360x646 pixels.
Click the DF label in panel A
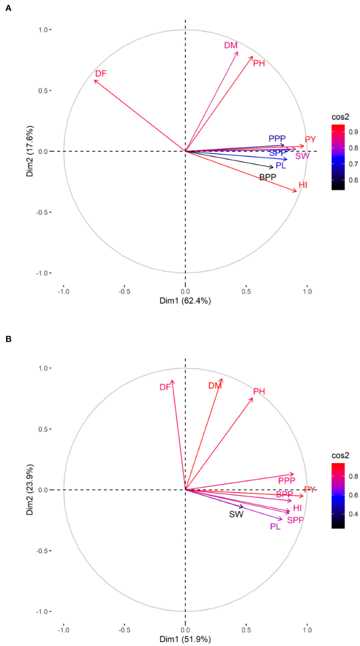coord(101,74)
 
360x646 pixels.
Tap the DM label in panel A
coord(231,45)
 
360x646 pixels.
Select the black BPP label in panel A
coord(268,177)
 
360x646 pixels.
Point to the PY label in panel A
coord(310,139)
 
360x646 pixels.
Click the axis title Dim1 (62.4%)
coord(185,301)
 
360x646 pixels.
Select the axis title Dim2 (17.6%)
coord(30,151)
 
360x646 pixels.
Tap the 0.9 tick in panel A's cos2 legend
coord(353,132)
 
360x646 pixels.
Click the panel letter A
coord(8,8)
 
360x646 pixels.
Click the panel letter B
coord(8,339)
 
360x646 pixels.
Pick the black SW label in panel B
coord(236,514)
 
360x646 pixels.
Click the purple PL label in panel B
coord(275,526)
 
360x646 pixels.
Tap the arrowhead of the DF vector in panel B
coord(172,381)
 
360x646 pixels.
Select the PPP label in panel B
coord(287,481)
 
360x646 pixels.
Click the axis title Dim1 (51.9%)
coord(185,639)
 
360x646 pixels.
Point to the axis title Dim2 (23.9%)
coord(30,489)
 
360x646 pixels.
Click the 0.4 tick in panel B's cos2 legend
coord(353,514)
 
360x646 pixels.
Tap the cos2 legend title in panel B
coord(340,455)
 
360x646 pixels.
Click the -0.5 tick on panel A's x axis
coord(124,291)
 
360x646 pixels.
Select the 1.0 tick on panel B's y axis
coord(43,368)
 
